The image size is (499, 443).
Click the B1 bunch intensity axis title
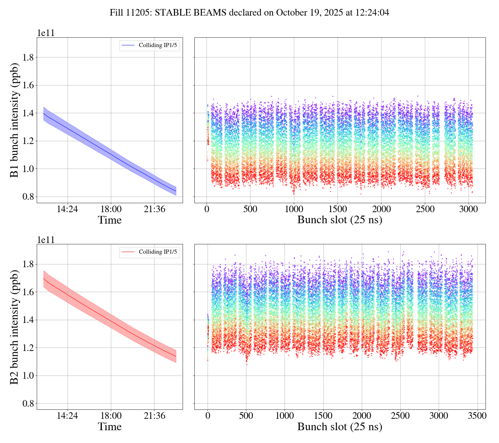click(x=14, y=120)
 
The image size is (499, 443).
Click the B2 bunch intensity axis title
click(x=14, y=327)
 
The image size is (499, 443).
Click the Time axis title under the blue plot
click(x=110, y=220)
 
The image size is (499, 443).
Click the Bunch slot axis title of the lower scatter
click(x=340, y=427)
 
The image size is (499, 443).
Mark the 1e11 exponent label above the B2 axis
click(x=46, y=239)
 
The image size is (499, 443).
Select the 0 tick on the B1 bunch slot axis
click(x=207, y=209)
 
